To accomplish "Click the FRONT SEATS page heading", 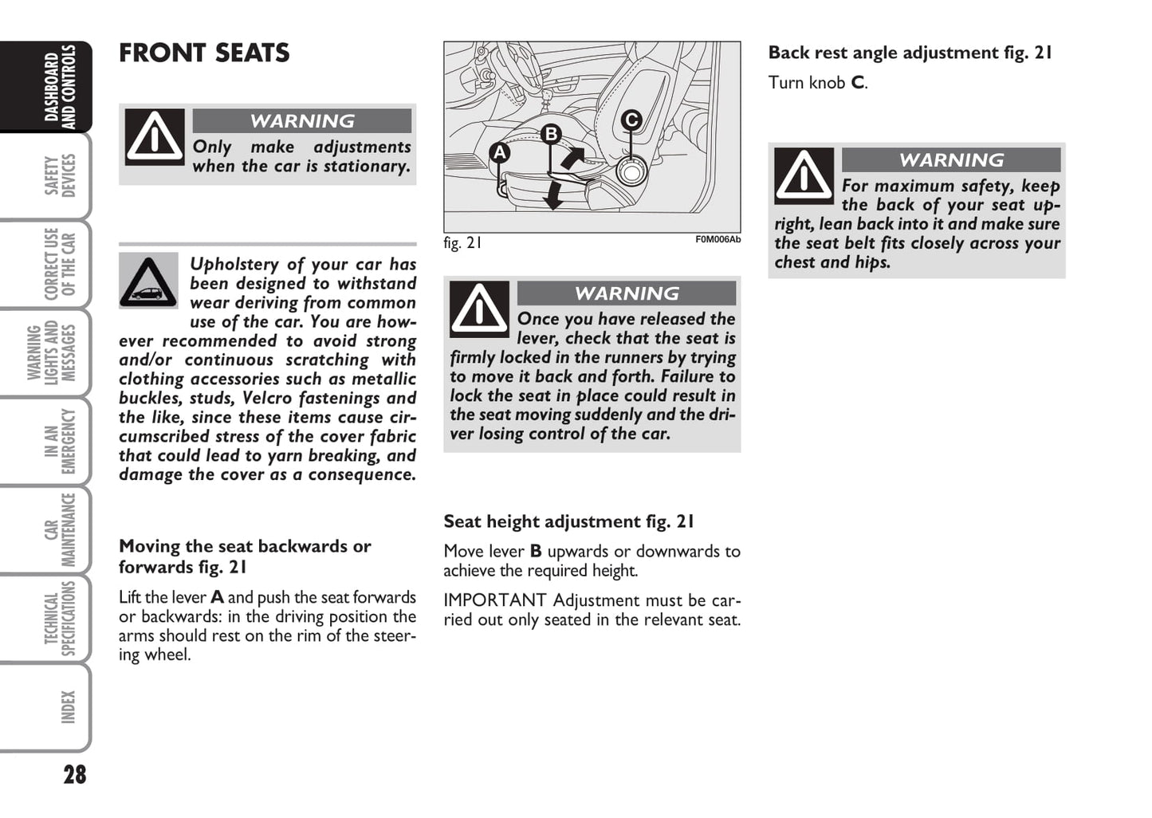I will pyautogui.click(x=204, y=53).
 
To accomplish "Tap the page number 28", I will pyautogui.click(x=74, y=774).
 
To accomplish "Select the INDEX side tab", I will pyautogui.click(x=67, y=707).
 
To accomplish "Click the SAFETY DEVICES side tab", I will pyautogui.click(x=60, y=175).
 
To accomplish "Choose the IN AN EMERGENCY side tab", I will pyautogui.click(x=60, y=441).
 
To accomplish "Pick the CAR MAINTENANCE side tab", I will pyautogui.click(x=60, y=529).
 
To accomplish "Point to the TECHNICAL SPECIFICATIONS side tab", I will pyautogui.click(x=60, y=619).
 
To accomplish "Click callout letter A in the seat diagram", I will pyautogui.click(x=500, y=152).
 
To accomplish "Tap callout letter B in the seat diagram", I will pyautogui.click(x=551, y=134).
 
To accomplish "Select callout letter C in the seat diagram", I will pyautogui.click(x=631, y=120).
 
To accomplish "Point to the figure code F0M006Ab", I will pyautogui.click(x=718, y=239).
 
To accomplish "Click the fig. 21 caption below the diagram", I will pyautogui.click(x=462, y=243).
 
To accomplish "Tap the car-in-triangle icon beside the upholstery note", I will pyautogui.click(x=148, y=281).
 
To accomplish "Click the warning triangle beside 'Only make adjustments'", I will pyautogui.click(x=155, y=137).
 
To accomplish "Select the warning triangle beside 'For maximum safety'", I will pyautogui.click(x=804, y=175).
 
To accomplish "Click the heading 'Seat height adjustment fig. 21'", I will pyautogui.click(x=568, y=521).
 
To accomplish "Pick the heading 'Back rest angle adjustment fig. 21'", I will pyautogui.click(x=910, y=53).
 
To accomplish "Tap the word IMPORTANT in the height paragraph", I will pyautogui.click(x=494, y=600).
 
